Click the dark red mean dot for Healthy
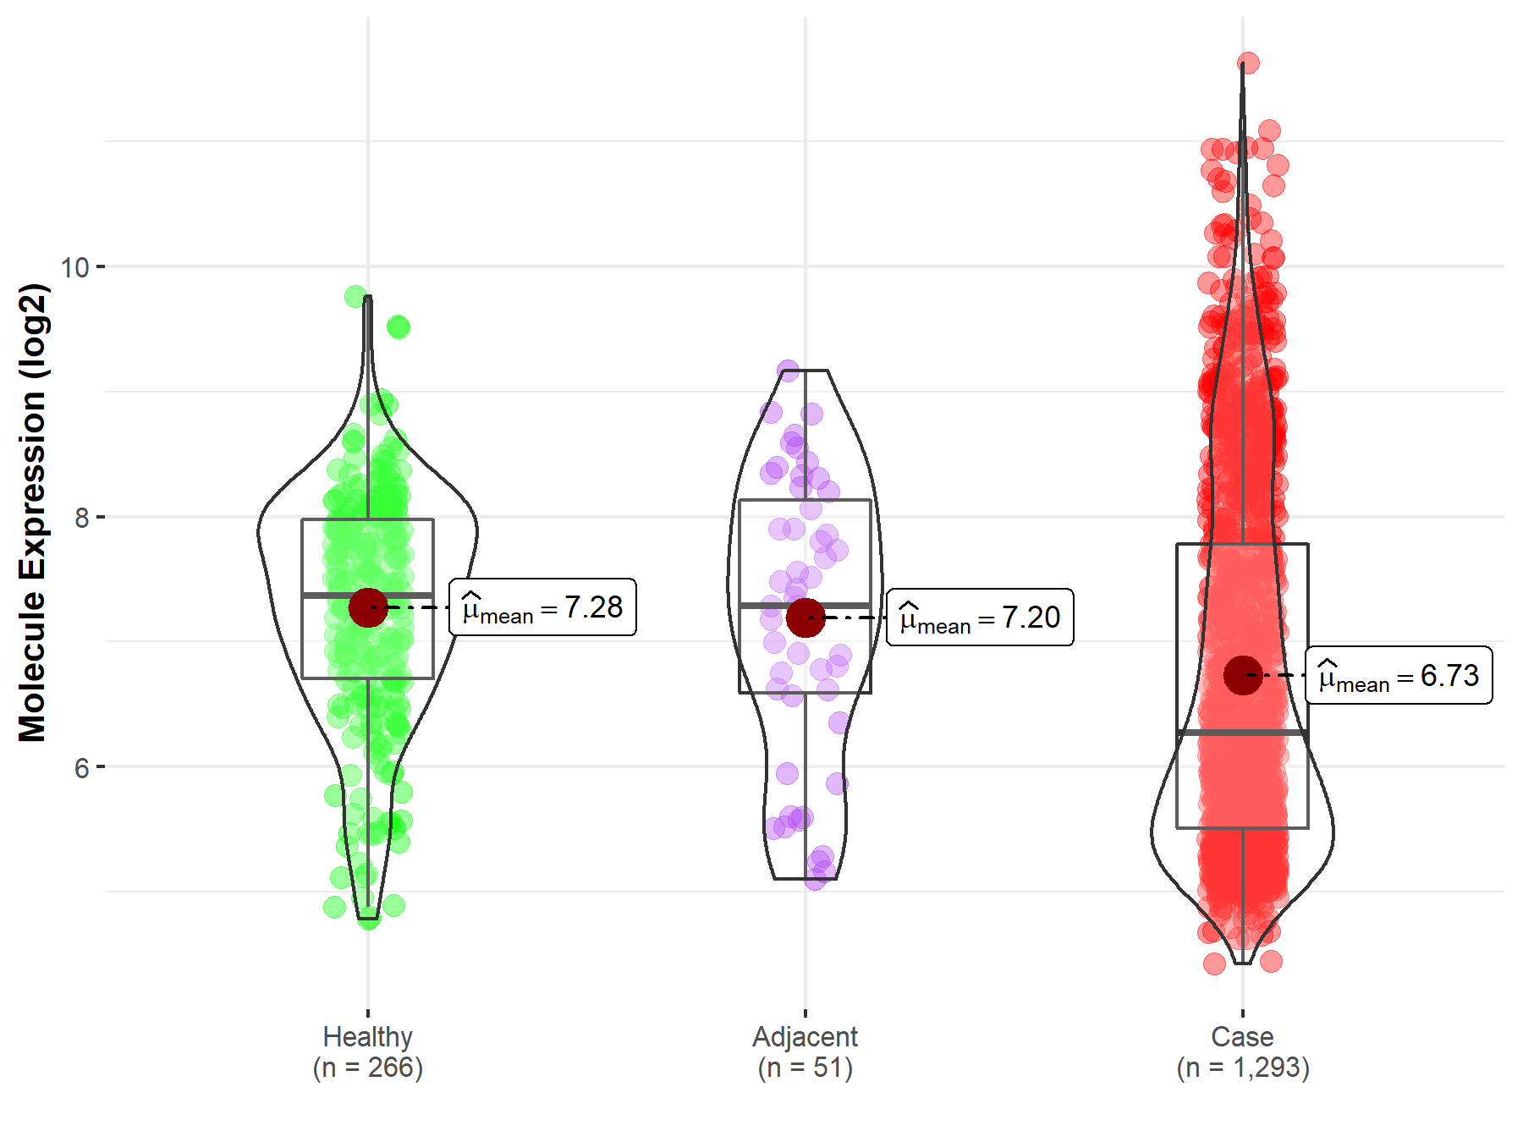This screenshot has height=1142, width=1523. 368,607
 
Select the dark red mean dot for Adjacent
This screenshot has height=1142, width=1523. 805,618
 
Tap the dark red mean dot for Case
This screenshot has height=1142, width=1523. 1242,675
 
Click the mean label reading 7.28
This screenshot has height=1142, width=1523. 542,607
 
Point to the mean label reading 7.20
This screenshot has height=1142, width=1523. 980,618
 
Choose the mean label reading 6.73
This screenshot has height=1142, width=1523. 1399,675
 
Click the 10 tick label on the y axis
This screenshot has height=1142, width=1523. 75,267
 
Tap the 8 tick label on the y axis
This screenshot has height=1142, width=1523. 81,517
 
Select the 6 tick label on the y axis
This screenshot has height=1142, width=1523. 81,767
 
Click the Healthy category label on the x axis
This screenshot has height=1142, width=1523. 368,1036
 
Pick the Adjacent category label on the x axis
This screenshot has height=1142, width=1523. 805,1036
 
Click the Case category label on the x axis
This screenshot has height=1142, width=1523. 1242,1036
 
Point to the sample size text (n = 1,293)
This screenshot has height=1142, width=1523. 1242,1068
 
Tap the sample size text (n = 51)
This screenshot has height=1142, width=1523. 805,1068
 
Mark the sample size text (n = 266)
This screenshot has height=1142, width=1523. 368,1068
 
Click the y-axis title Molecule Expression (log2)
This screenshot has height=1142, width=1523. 32,513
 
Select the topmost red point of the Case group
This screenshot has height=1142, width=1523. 1248,63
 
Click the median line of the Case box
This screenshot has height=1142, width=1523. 1242,733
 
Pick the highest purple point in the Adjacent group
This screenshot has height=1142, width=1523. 788,370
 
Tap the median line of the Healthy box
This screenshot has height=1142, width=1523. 368,596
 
